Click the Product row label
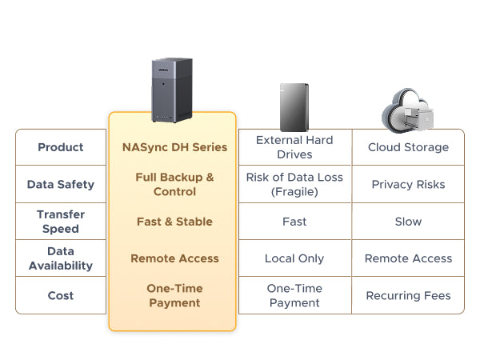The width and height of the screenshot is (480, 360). click(x=61, y=147)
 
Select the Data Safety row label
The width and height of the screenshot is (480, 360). click(x=61, y=184)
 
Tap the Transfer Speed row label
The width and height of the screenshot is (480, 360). click(x=61, y=221)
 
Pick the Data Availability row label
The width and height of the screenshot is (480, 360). click(x=61, y=258)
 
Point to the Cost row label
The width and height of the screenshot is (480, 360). click(x=61, y=295)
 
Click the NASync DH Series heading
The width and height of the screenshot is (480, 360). click(x=174, y=147)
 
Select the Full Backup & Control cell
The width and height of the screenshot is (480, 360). click(x=174, y=184)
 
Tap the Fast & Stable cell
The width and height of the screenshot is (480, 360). click(x=174, y=222)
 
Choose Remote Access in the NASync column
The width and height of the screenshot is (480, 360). click(x=174, y=258)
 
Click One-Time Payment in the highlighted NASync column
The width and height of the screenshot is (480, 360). click(x=174, y=295)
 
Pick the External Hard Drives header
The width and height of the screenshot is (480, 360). click(x=294, y=147)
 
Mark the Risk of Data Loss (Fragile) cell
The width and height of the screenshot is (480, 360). click(x=294, y=184)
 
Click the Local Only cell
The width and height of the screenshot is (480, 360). click(x=294, y=258)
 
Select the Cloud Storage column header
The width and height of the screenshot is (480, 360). click(x=408, y=147)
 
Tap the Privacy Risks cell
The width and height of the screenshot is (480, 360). click(x=408, y=184)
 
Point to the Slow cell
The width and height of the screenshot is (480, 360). click(x=408, y=222)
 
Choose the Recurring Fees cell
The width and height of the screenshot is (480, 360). click(x=408, y=295)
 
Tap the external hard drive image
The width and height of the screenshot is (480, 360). click(x=294, y=106)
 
